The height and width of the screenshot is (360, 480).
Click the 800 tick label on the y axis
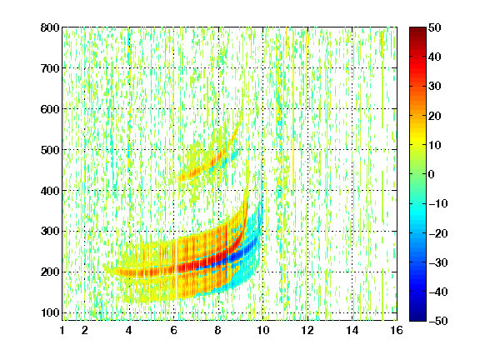click(50, 27)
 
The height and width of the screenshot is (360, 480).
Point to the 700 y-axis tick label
click(50, 68)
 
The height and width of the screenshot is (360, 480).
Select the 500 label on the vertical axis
click(50, 150)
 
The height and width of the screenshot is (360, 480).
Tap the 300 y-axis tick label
click(50, 232)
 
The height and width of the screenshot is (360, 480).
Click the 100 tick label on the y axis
click(50, 312)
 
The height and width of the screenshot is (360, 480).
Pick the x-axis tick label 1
click(62, 330)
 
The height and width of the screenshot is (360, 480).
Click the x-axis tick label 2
click(85, 330)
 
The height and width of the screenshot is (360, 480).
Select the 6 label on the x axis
click(174, 330)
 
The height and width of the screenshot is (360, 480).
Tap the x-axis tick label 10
click(263, 330)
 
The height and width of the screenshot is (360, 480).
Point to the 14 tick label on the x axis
click(352, 330)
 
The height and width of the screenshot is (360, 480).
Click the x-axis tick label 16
click(397, 330)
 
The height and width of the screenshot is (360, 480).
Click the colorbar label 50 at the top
click(435, 27)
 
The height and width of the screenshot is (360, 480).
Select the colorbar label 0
click(432, 174)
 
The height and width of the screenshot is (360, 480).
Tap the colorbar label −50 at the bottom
click(438, 321)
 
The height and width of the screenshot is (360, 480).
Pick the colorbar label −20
click(438, 233)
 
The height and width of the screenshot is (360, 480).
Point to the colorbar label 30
click(435, 87)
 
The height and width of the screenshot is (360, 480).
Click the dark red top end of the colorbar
click(417, 29)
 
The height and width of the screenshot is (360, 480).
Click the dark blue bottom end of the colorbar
click(417, 318)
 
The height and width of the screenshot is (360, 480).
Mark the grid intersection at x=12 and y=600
click(307, 108)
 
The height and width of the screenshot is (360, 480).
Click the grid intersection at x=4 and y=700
click(129, 68)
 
